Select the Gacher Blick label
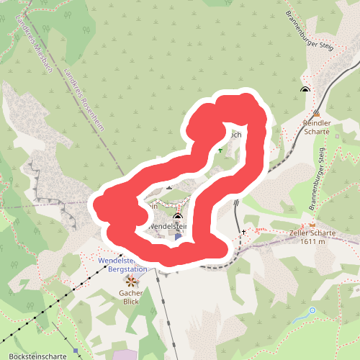pos(131,297)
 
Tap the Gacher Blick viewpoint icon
pos(131,279)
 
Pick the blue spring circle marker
pos(312,310)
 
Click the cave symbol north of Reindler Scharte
pos(305,90)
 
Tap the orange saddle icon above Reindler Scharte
pos(317,113)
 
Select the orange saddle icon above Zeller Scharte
pos(312,224)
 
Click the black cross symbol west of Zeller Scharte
pos(244,232)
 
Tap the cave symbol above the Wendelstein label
pos(177,215)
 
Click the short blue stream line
pos(301,317)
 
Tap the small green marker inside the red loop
pos(220,150)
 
